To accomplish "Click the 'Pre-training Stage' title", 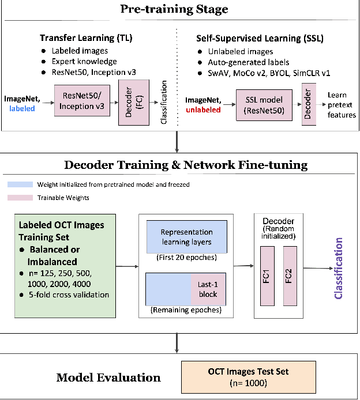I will click(x=174, y=9).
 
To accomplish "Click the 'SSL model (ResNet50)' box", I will click(x=264, y=105).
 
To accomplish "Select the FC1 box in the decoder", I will click(x=268, y=276).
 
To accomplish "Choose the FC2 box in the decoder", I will click(x=290, y=276).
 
